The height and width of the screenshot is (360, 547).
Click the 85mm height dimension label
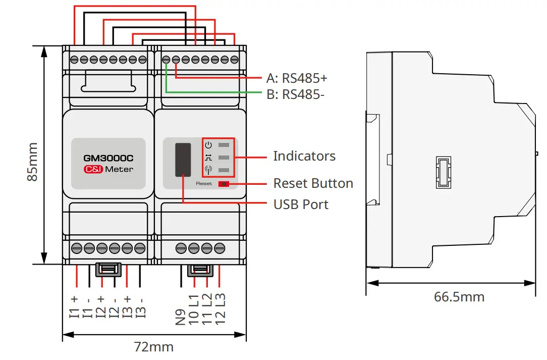click(32, 162)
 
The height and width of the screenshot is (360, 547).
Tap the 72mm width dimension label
click(154, 347)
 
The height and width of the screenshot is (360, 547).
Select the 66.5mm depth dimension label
click(459, 297)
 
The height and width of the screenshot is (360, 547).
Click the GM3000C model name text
click(108, 158)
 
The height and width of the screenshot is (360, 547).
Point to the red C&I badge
click(93, 169)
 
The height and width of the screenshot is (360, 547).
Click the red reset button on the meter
click(224, 184)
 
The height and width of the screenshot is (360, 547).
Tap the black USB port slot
click(183, 160)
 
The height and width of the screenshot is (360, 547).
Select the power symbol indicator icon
click(208, 145)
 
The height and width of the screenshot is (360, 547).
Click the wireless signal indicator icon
click(208, 170)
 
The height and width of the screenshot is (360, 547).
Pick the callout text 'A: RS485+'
click(297, 78)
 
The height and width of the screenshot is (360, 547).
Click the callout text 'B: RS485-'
click(296, 94)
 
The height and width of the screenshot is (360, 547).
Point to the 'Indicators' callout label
click(304, 156)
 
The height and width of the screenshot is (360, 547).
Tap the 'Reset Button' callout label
click(313, 183)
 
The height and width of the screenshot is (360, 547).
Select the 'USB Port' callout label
click(301, 204)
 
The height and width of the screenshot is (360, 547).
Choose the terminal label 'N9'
click(180, 317)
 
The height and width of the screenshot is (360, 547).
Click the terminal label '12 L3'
click(220, 310)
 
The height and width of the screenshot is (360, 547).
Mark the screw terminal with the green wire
click(166, 60)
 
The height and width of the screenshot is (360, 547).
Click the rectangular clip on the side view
click(444, 173)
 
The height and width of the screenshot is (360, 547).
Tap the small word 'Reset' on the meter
click(204, 184)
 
